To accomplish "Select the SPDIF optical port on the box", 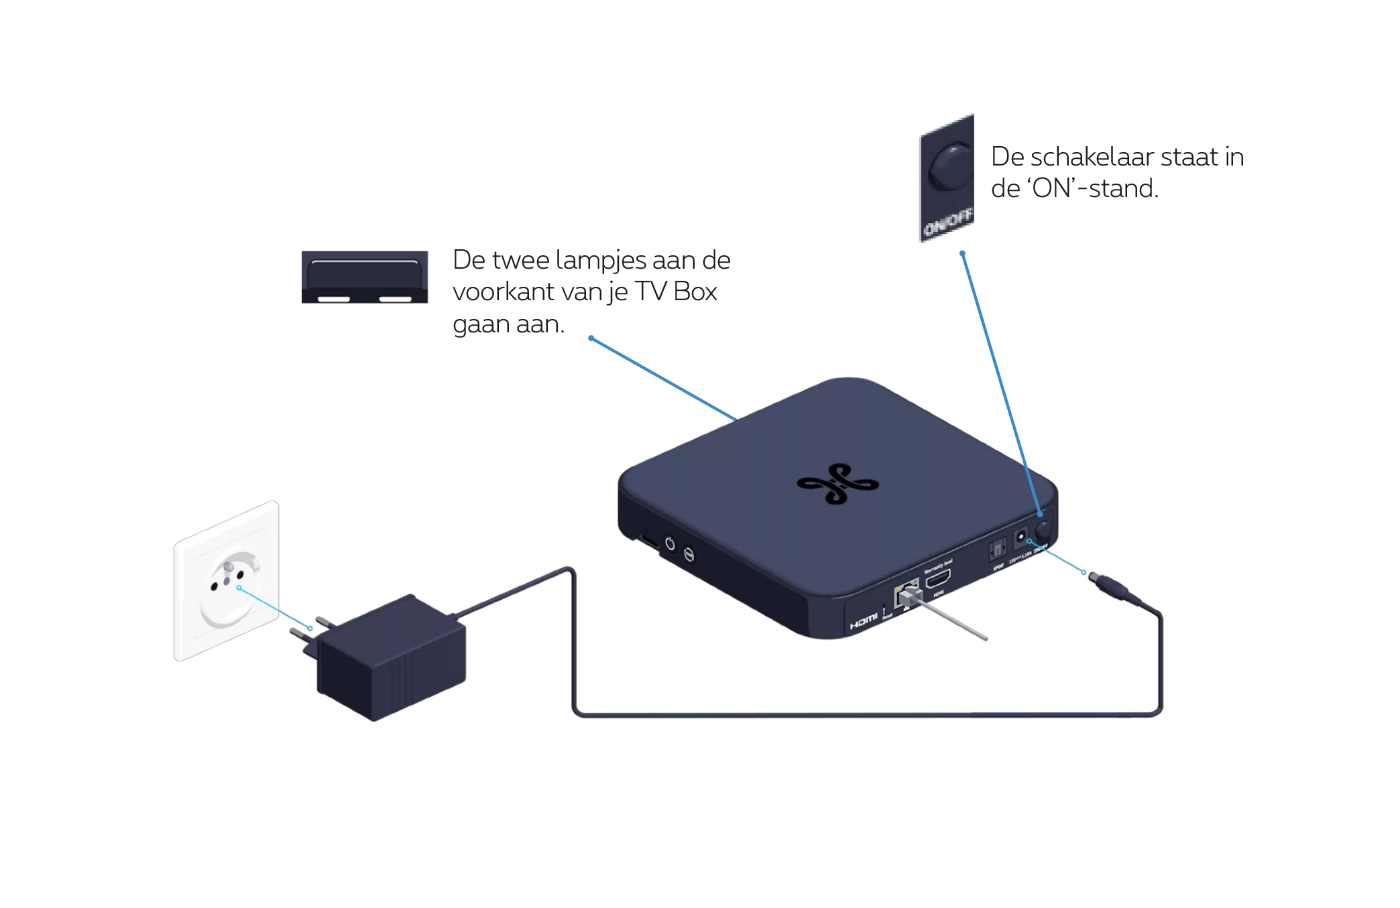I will point(997,551).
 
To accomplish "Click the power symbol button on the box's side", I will point(669,543).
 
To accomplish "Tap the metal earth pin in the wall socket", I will point(228,568).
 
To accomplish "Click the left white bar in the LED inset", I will point(333,298).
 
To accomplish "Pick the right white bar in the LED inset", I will point(395,298).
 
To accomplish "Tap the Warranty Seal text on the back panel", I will point(938,562).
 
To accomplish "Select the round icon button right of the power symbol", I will point(689,555).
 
